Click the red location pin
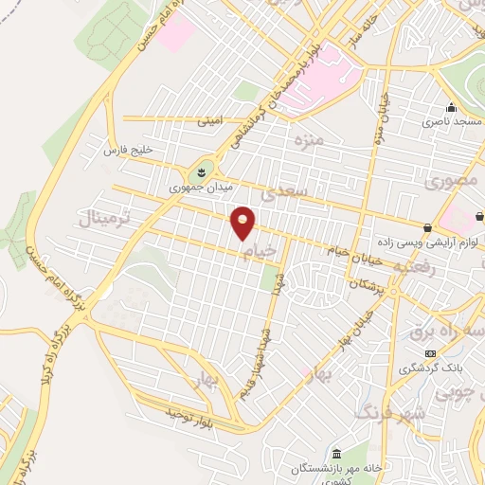pyautogui.click(x=243, y=223)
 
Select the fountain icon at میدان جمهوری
pyautogui.click(x=200, y=172)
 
